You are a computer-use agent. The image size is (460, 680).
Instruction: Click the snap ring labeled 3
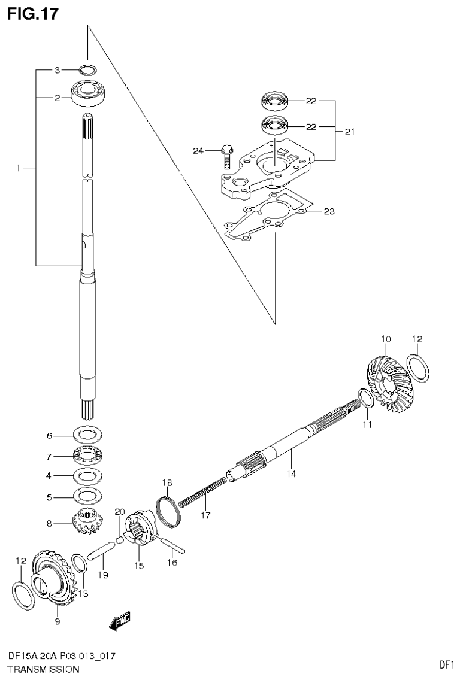[87, 70]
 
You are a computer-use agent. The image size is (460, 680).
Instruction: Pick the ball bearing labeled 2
[88, 92]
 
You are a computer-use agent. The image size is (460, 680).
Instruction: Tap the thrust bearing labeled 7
[88, 456]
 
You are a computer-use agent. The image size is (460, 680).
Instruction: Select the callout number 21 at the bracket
[349, 131]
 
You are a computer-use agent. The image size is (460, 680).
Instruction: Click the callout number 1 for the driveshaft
[19, 169]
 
